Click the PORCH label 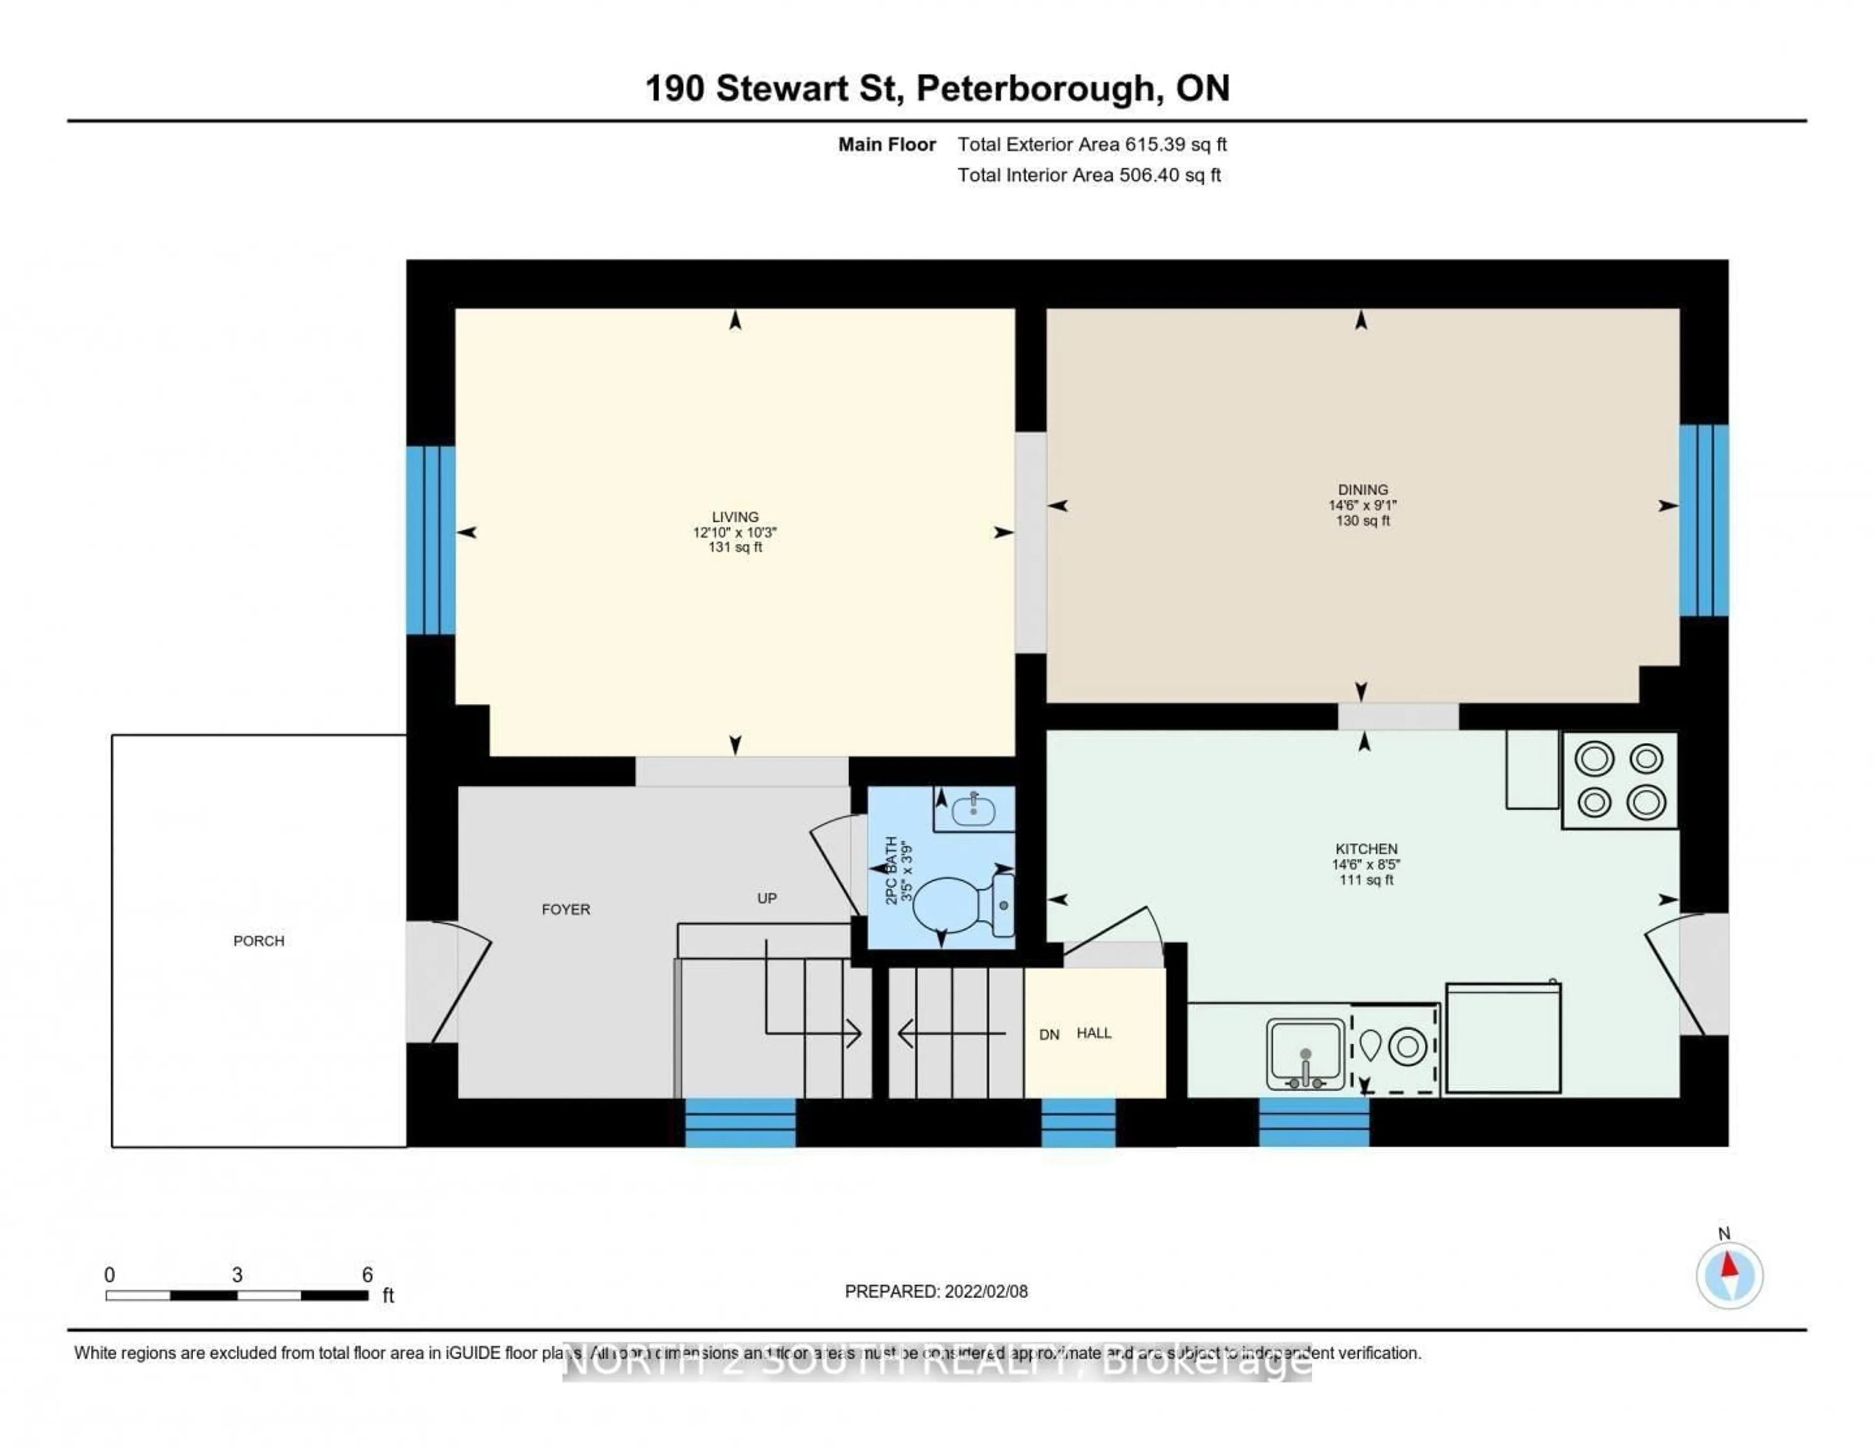pyautogui.click(x=258, y=940)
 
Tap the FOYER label pyautogui.click(x=566, y=909)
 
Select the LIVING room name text pyautogui.click(x=734, y=517)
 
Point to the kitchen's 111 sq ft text pyautogui.click(x=1365, y=880)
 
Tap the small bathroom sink pyautogui.click(x=973, y=809)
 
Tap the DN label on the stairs pyautogui.click(x=1049, y=1034)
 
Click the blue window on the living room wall pyautogui.click(x=431, y=540)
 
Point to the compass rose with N pyautogui.click(x=1729, y=1275)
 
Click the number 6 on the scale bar pyautogui.click(x=367, y=1275)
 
